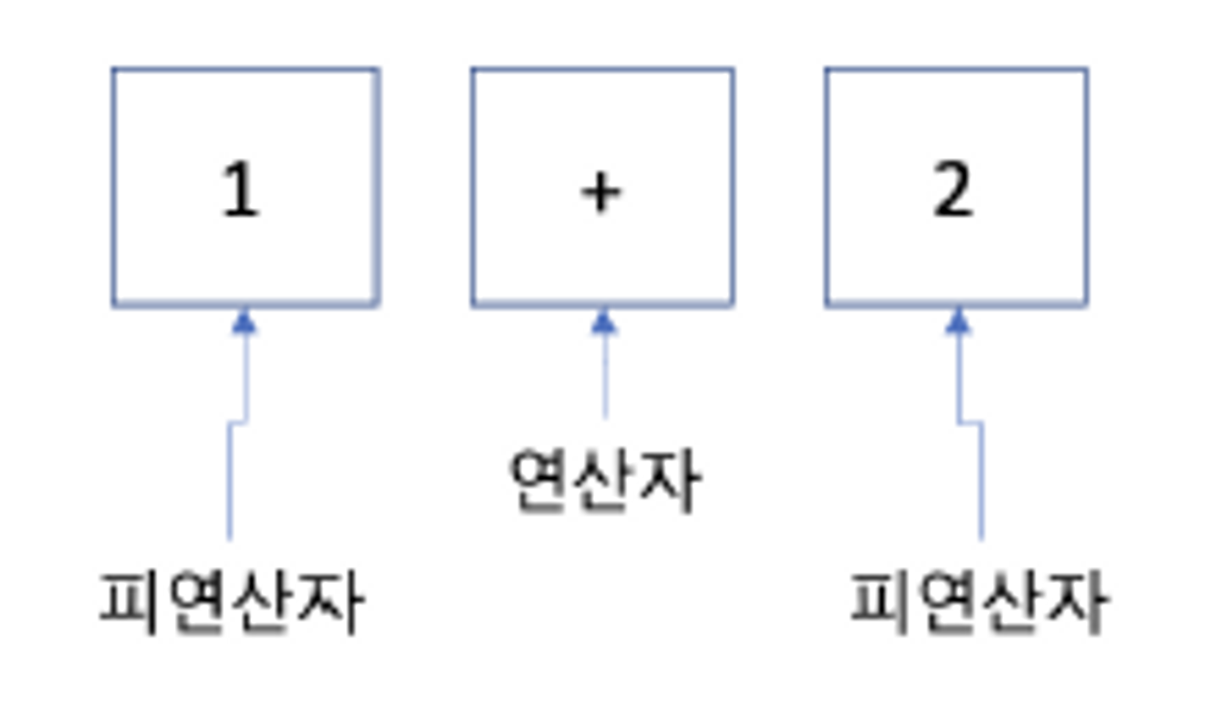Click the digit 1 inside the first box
click(x=241, y=189)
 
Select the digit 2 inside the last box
click(x=953, y=189)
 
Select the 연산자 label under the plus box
click(x=605, y=480)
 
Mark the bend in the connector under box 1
click(x=237, y=422)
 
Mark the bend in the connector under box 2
click(x=970, y=423)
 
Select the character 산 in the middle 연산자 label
click(x=604, y=480)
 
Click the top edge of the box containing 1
click(x=245, y=70)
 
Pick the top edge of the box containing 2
click(x=957, y=70)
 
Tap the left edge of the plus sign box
click(x=473, y=187)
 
